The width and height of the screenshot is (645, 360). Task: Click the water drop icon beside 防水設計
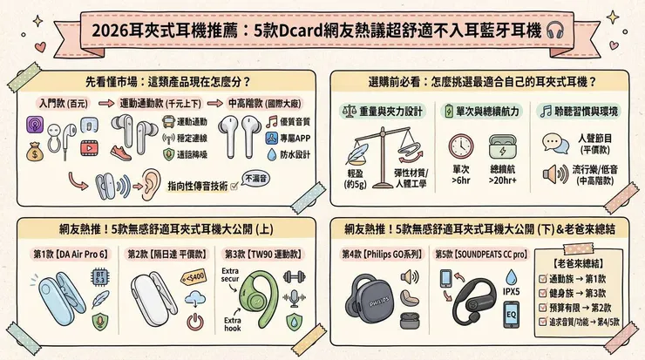271,153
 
